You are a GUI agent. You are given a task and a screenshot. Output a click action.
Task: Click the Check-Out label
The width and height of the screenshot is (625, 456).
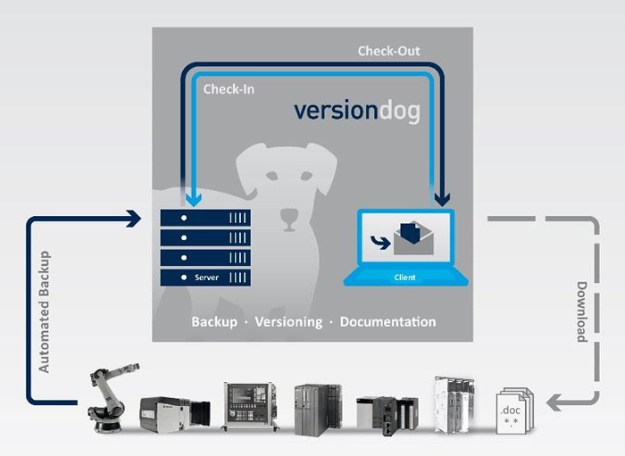click(x=388, y=51)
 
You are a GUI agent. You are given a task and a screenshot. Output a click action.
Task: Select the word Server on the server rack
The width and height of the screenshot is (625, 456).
click(x=206, y=278)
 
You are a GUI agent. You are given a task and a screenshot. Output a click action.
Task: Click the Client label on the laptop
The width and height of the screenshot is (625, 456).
click(x=404, y=278)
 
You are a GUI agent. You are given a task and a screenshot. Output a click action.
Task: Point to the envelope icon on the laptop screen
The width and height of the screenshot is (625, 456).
click(x=412, y=239)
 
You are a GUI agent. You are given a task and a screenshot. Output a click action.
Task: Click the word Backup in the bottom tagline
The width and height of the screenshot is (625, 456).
click(x=214, y=321)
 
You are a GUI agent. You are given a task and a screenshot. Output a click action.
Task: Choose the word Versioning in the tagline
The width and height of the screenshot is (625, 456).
click(x=288, y=321)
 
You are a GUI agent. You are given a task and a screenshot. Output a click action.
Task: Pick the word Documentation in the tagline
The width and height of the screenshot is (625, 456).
click(x=388, y=321)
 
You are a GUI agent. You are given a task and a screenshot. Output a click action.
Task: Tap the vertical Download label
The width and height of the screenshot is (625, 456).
click(x=580, y=312)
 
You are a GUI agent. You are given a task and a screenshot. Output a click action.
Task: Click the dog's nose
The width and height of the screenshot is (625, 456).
click(x=287, y=216)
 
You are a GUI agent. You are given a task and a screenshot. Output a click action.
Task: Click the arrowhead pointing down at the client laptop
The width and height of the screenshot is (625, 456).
click(x=441, y=197)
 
